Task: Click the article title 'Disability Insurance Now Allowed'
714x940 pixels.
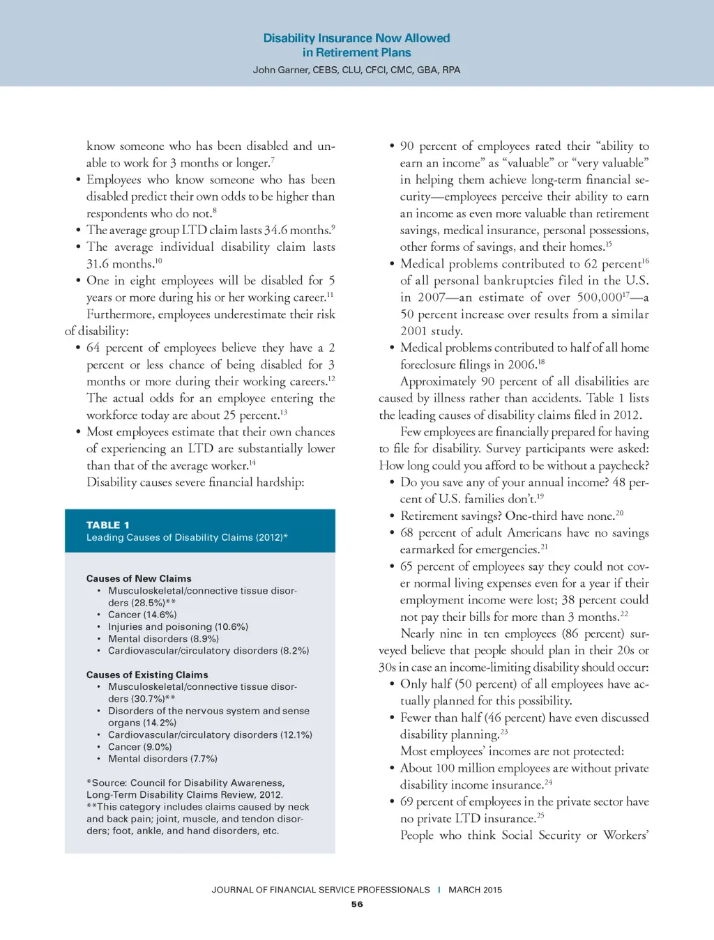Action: click(356, 38)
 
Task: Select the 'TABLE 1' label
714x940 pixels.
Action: click(108, 525)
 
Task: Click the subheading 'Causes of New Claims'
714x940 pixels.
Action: click(139, 578)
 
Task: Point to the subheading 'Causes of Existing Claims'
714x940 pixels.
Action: click(147, 675)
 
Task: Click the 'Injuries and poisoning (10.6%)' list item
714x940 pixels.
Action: click(178, 626)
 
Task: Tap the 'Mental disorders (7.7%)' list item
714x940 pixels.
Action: click(162, 758)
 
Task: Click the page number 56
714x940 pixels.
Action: click(357, 904)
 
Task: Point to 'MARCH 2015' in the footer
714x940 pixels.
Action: click(475, 890)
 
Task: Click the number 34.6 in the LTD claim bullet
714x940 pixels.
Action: click(275, 230)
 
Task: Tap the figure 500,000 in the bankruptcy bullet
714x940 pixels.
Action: click(599, 298)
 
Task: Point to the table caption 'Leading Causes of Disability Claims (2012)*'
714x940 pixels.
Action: click(187, 537)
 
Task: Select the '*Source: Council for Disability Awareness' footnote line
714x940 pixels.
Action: click(185, 783)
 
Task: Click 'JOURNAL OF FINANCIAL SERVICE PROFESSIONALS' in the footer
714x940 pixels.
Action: click(321, 890)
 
